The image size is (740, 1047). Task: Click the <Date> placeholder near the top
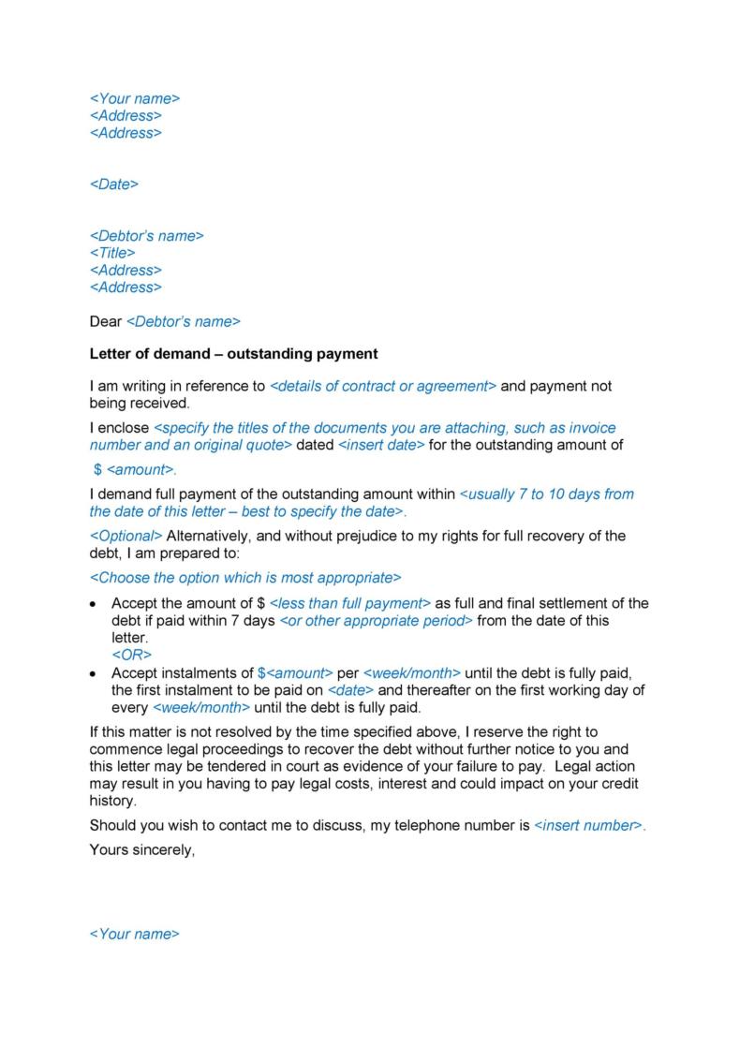(113, 184)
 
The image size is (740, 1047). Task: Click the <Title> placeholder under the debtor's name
(112, 253)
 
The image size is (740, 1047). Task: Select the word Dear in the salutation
(105, 321)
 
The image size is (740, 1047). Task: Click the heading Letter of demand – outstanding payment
(233, 354)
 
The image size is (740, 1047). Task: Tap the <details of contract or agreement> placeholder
(383, 386)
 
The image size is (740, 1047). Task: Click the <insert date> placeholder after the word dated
(380, 445)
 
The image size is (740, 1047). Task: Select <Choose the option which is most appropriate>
(244, 577)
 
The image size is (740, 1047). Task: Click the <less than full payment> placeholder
(349, 603)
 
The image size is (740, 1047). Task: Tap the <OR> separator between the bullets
(131, 655)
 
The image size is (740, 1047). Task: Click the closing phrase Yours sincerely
(141, 850)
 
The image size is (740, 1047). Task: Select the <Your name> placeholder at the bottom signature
(134, 934)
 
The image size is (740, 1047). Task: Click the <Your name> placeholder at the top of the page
(134, 98)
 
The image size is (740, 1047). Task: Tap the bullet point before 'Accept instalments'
(93, 674)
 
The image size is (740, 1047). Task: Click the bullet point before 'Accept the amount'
(93, 604)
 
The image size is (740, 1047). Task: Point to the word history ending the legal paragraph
(112, 801)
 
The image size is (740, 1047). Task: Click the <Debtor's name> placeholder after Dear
(183, 321)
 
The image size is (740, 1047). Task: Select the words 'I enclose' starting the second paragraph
(119, 428)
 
